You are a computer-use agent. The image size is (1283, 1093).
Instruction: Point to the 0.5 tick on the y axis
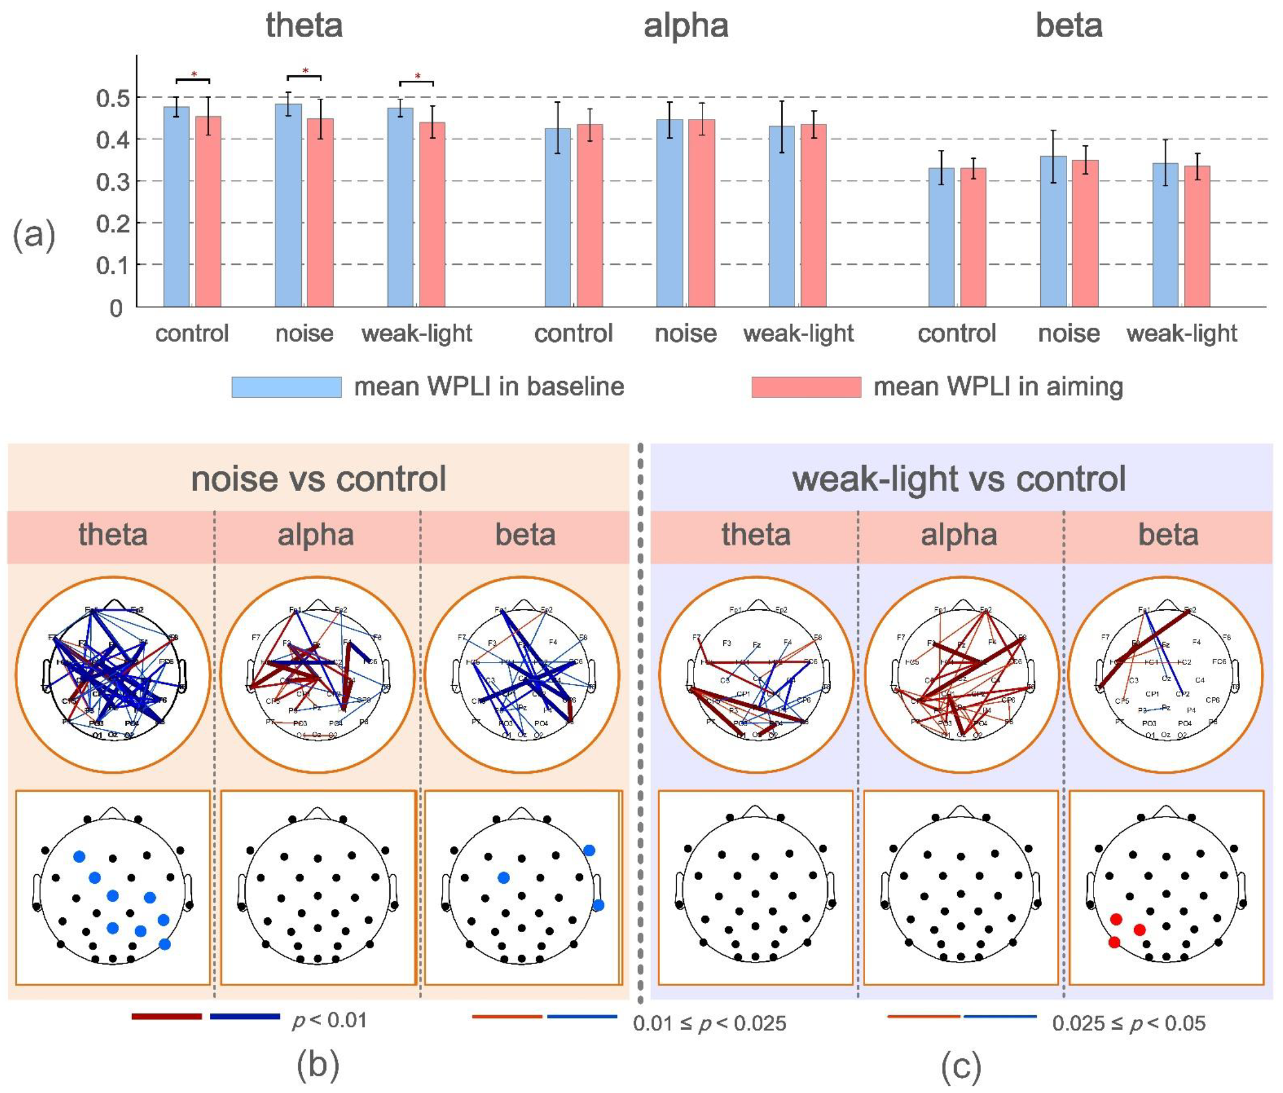click(116, 99)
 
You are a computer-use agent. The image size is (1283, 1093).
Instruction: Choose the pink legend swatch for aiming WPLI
click(805, 386)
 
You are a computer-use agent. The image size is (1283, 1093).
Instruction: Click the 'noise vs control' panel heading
click(318, 479)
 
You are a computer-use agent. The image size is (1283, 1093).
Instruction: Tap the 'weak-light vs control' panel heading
click(959, 479)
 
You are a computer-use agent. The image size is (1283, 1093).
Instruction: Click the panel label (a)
click(34, 236)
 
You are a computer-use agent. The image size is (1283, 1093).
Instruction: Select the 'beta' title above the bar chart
click(1069, 26)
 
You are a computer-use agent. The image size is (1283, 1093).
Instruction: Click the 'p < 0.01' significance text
click(329, 1021)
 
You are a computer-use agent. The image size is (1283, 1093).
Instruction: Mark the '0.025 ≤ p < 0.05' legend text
click(1128, 1024)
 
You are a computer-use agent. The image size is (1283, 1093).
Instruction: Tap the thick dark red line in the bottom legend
click(167, 1016)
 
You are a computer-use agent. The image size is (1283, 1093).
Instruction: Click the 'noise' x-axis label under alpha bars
click(686, 334)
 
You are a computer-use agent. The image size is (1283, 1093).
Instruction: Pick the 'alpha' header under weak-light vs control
click(958, 535)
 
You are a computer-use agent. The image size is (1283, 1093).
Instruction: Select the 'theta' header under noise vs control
click(112, 535)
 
